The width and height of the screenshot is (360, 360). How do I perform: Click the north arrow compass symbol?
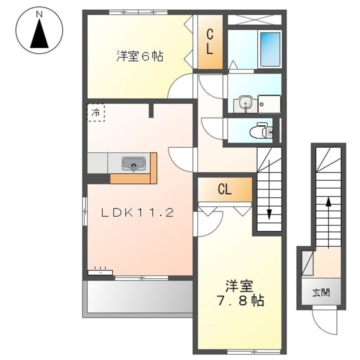(39, 30)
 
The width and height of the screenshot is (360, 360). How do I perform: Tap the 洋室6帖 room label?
(140, 56)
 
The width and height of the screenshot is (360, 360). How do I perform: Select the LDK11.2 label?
(137, 213)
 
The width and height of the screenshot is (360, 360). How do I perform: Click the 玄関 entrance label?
(321, 292)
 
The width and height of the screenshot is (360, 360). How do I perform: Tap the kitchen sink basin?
(133, 163)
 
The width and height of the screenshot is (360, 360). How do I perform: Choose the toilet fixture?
(261, 130)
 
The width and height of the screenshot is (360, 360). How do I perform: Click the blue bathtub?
(270, 49)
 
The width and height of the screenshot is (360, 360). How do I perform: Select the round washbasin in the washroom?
(245, 102)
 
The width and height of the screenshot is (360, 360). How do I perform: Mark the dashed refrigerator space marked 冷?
(95, 112)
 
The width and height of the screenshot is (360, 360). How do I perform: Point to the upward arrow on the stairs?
(328, 222)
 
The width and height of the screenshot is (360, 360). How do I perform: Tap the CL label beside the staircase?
(224, 189)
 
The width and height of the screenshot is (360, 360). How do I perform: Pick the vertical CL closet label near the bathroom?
(209, 42)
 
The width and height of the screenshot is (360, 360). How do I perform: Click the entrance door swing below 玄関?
(324, 319)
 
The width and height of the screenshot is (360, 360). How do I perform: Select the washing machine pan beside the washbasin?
(269, 104)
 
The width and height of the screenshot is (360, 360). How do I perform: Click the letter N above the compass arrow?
(39, 14)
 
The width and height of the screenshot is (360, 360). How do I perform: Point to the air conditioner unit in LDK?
(100, 272)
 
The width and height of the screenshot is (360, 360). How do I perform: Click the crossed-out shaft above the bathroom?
(254, 19)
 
